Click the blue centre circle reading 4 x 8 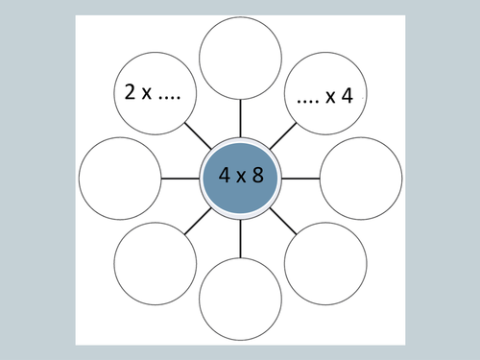(240, 178)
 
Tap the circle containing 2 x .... (156, 94)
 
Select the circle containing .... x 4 (324, 94)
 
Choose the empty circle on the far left (121, 179)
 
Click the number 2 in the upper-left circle (129, 94)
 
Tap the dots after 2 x (173, 96)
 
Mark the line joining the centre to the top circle (240, 121)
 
